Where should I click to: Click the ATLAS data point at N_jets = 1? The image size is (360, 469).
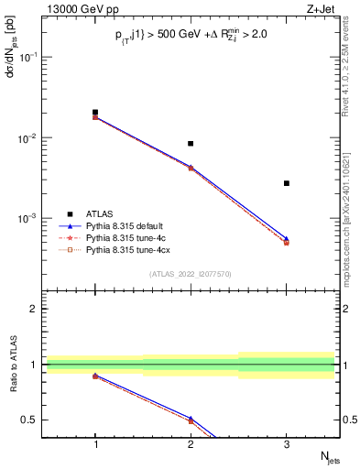95,113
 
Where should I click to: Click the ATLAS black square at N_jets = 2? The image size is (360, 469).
191,144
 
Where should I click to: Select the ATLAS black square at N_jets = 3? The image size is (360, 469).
286,183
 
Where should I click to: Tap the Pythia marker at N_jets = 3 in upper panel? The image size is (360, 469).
286,242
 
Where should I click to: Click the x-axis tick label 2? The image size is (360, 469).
191,443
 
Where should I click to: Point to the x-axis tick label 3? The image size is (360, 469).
286,443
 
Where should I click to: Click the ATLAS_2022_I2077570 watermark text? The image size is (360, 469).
191,273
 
